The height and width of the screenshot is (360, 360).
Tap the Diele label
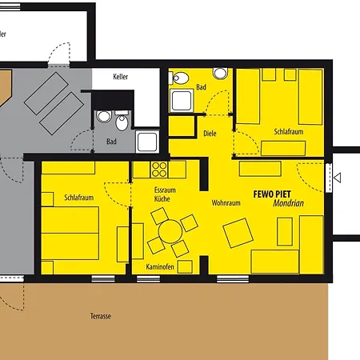(210, 134)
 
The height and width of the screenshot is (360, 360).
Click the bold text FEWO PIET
(272, 193)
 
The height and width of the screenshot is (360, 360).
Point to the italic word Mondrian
(279, 203)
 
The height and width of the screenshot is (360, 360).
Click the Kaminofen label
(160, 266)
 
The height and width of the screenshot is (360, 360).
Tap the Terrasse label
(101, 317)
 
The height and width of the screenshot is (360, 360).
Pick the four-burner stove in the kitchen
(159, 170)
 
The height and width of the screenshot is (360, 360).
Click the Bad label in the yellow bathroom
(201, 86)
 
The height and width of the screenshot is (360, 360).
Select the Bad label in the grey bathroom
(111, 142)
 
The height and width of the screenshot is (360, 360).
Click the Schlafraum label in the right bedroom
(288, 130)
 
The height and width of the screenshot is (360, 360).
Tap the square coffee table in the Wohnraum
(238, 233)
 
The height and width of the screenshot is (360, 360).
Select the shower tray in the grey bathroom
(147, 142)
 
